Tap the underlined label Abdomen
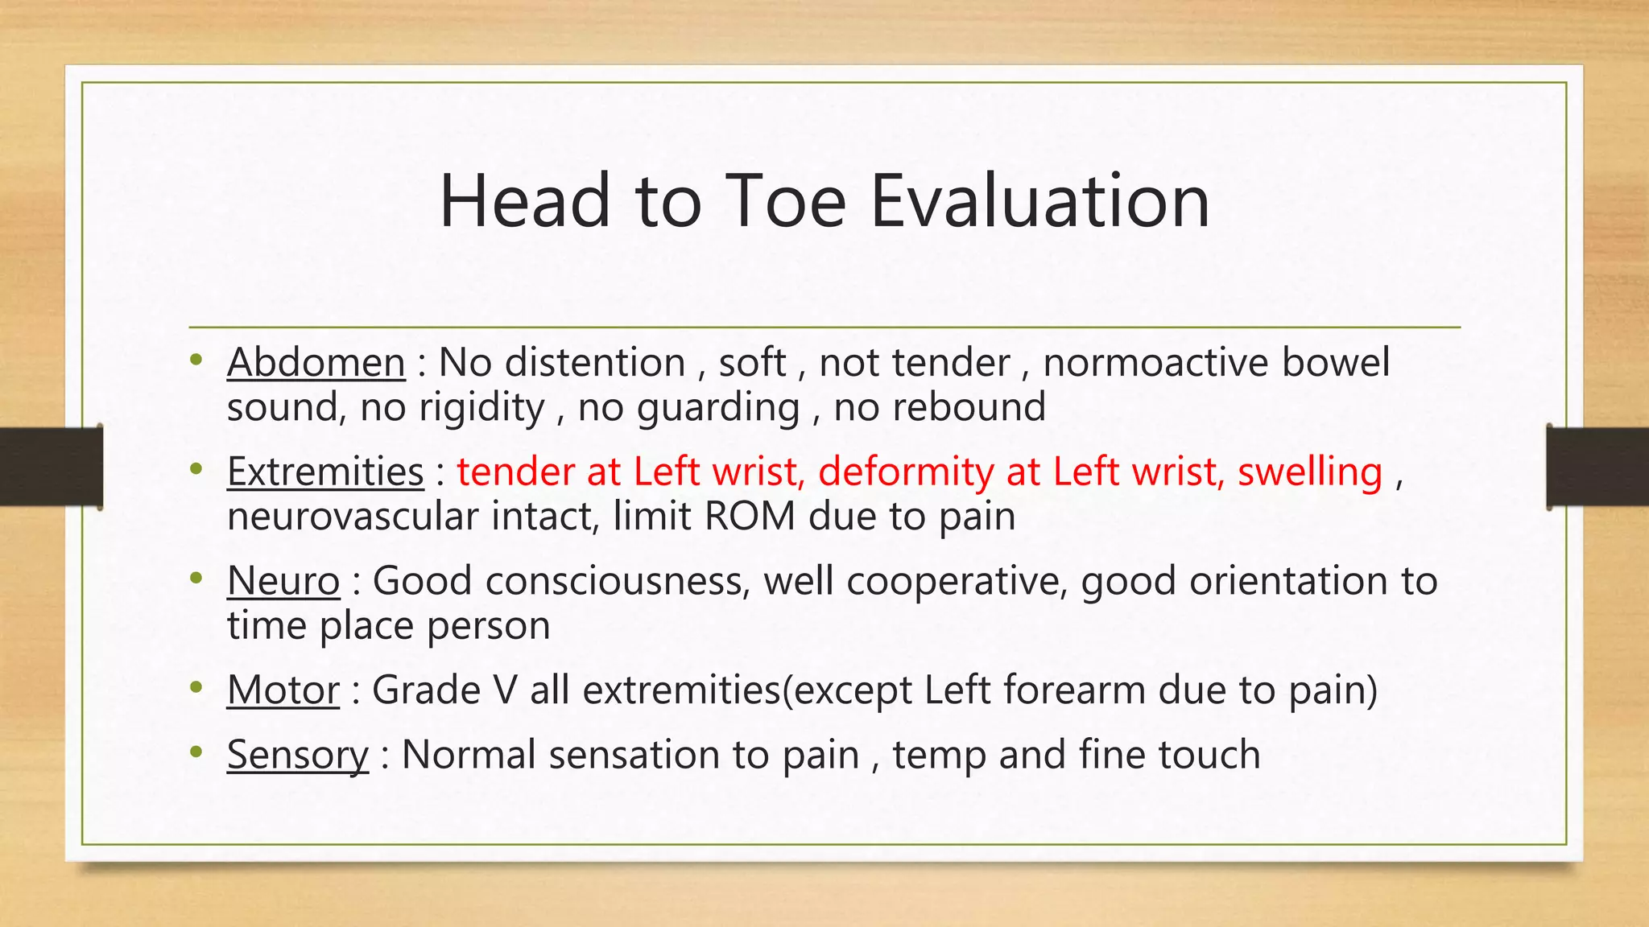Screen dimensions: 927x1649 point(316,363)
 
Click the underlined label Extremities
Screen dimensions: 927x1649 point(325,472)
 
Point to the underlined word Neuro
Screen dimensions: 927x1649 point(283,581)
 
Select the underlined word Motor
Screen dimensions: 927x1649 point(283,690)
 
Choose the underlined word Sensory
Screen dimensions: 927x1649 point(297,756)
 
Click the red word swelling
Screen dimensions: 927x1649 point(1309,472)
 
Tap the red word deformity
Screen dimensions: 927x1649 point(905,472)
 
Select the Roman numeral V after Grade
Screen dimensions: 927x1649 point(503,690)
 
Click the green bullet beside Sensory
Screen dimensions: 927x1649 point(196,753)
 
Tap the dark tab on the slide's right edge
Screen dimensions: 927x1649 point(1597,466)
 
